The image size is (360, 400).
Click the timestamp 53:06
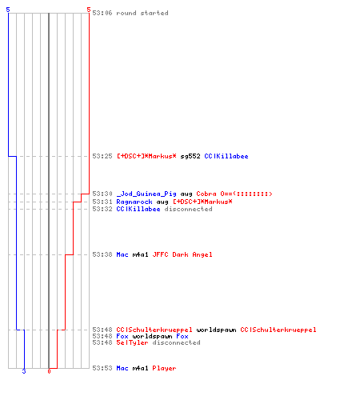coord(102,13)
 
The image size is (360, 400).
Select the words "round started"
coord(142,13)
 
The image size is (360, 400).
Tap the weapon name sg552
coord(190,156)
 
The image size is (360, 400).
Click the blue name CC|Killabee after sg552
coord(226,156)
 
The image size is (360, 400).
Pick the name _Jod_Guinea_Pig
coord(146,194)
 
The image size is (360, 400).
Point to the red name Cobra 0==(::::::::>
coord(234,194)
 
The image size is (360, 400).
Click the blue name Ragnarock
coord(134,202)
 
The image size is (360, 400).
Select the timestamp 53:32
coord(102,209)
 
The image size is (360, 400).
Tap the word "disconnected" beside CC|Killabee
coord(188,209)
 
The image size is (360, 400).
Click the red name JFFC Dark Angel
coord(182,254)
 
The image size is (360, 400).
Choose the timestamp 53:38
coord(102,254)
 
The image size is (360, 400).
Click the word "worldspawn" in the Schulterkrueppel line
coord(216,330)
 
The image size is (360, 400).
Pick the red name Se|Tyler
coord(132,342)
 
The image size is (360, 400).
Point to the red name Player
coord(164,368)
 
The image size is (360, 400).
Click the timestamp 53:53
coord(102,368)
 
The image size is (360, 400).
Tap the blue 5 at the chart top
coord(8,10)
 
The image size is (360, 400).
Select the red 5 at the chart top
coord(89,10)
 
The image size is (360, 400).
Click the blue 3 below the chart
coord(24,371)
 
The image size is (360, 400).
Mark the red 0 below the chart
coord(49,371)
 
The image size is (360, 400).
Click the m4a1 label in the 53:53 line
coord(140,368)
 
